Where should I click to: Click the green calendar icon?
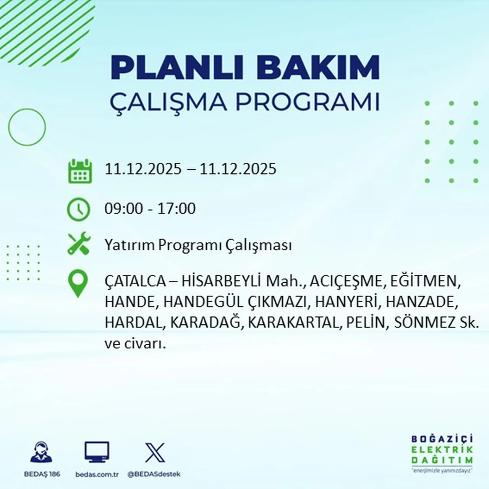click(80, 171)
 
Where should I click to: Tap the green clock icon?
click(79, 209)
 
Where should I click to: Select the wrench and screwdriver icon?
click(79, 244)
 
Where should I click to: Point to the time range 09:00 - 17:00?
click(150, 209)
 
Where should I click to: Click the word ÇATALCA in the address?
click(135, 282)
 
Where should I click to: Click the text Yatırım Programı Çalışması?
click(198, 245)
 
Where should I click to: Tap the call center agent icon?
click(41, 452)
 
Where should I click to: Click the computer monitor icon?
click(97, 452)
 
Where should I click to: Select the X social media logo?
click(155, 453)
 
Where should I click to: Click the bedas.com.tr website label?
click(97, 474)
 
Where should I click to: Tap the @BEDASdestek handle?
click(154, 474)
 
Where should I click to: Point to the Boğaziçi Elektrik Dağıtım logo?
click(442, 453)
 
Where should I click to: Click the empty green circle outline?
click(27, 127)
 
